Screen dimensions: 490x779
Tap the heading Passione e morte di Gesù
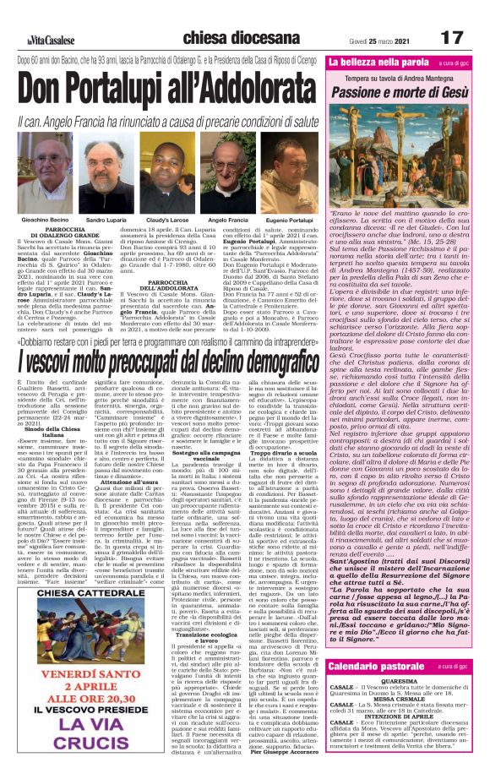pos(405,90)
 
